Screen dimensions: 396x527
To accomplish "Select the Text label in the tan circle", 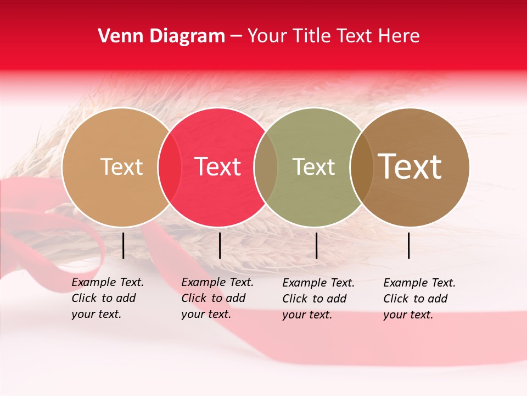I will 121,167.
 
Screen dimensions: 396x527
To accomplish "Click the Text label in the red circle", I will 217,167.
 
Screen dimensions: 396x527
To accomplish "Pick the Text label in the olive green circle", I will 313,167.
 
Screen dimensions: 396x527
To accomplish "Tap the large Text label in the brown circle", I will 410,167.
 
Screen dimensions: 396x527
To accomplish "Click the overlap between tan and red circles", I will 170,167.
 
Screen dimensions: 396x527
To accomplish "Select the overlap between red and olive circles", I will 266,167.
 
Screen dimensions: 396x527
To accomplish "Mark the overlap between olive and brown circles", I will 361,167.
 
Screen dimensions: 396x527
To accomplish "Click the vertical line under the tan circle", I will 124,245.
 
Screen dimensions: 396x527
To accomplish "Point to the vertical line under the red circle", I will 220,245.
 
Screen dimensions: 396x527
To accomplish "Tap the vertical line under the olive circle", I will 316,245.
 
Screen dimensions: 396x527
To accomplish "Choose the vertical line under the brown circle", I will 409,245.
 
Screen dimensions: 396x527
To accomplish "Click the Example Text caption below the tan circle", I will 107,298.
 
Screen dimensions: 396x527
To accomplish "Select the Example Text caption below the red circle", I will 217,298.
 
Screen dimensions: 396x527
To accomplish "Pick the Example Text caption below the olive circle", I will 318,299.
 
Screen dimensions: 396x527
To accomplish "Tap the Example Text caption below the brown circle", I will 419,299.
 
